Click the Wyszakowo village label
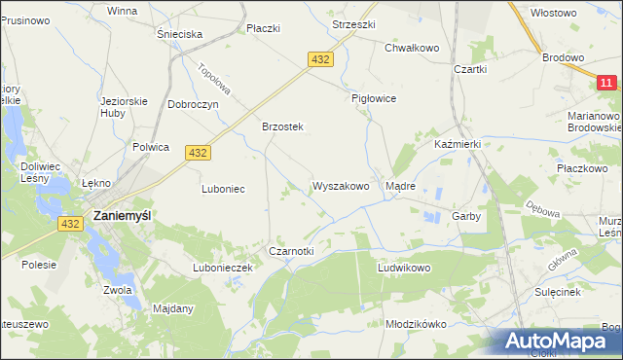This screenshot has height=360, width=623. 341,186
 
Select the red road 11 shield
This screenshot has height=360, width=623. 606,85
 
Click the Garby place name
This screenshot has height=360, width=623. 466,217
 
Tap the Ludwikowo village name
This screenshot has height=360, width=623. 404,267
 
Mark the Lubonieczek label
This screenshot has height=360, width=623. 223,267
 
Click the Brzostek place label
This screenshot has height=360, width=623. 283,126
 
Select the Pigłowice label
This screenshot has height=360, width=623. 374,98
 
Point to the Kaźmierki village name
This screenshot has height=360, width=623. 458,144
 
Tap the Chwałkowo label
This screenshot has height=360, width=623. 412,47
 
